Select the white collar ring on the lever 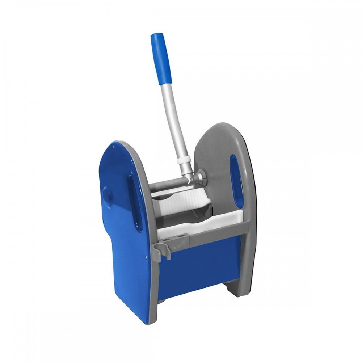pyautogui.click(x=184, y=160)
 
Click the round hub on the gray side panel pyautogui.click(x=200, y=177)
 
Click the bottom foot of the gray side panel pyautogui.click(x=237, y=290)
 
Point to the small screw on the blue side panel pyautogui.click(x=146, y=258)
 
